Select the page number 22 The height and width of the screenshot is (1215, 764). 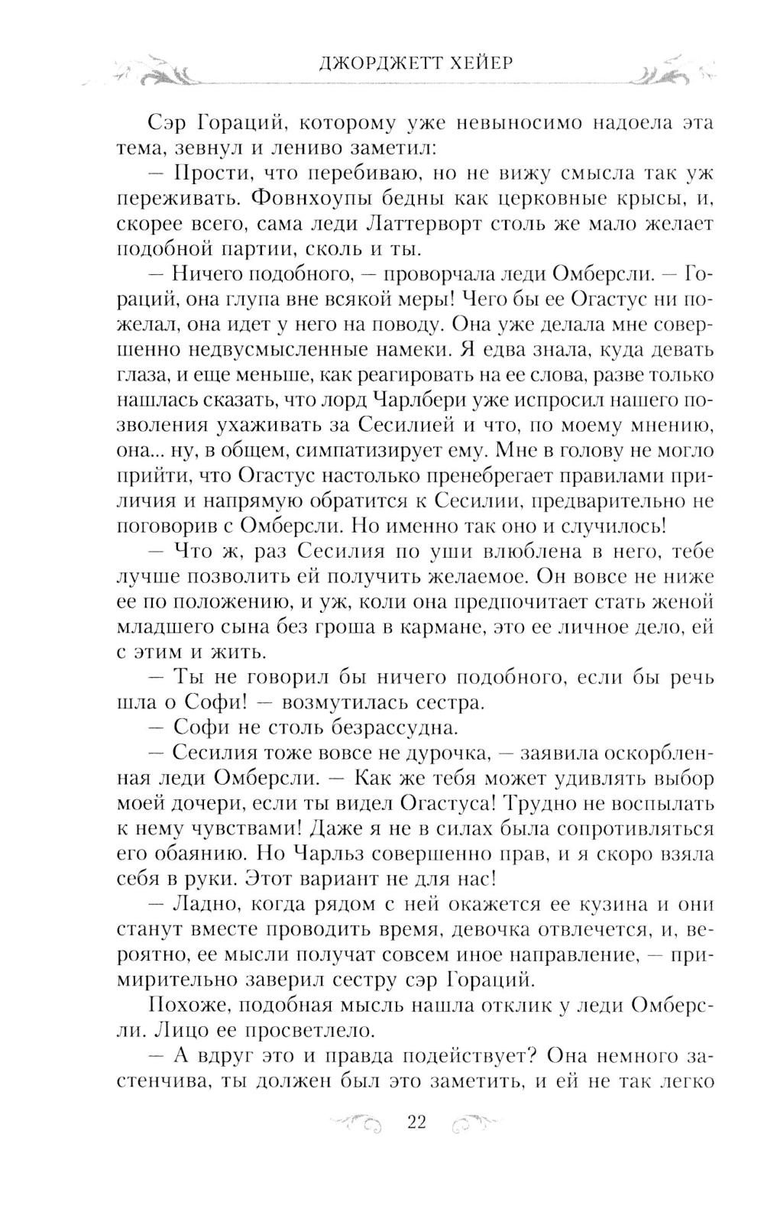click(x=416, y=1122)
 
